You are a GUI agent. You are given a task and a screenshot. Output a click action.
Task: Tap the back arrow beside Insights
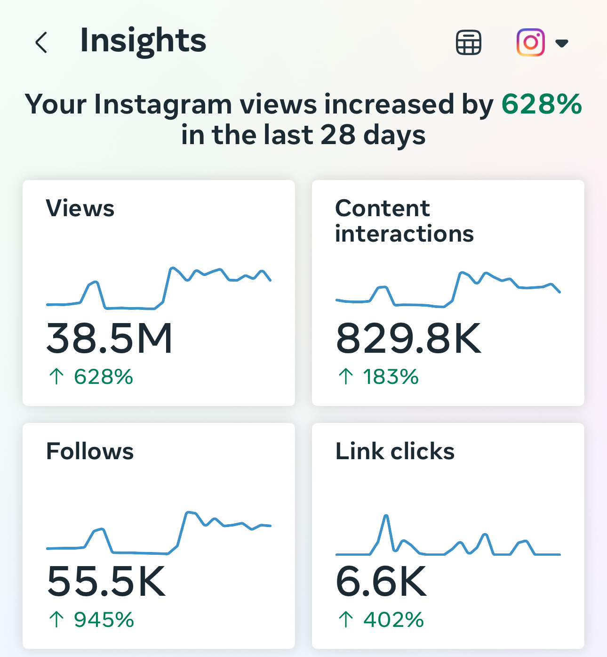tap(41, 42)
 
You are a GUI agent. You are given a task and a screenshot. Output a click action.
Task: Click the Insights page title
tap(143, 41)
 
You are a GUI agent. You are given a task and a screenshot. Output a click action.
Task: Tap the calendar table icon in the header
tap(468, 43)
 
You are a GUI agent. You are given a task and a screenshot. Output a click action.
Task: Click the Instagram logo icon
tap(530, 42)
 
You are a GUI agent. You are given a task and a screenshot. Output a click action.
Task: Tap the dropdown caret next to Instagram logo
tap(562, 43)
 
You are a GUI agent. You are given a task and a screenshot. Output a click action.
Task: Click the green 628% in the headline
tap(542, 104)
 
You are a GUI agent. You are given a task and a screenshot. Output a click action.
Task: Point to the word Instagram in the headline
tap(163, 104)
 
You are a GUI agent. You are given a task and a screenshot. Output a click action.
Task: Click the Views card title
tap(80, 208)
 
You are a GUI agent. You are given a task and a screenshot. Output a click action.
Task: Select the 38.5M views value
tap(110, 338)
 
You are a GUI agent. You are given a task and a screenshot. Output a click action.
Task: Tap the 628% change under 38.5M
tap(103, 377)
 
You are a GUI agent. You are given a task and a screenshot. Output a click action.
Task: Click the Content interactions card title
tap(404, 221)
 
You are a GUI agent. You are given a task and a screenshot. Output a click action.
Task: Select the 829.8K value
tap(408, 338)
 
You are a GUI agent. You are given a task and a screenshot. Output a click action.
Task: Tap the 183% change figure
tap(390, 377)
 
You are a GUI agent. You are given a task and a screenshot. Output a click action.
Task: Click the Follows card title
tap(90, 451)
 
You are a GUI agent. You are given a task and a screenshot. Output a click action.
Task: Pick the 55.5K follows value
tap(106, 581)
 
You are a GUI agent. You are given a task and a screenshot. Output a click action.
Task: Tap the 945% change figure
tap(104, 620)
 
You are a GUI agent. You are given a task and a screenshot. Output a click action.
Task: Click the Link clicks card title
tap(395, 451)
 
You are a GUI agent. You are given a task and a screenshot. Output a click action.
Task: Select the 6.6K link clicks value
tap(381, 581)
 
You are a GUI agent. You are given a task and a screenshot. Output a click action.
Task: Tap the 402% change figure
tap(393, 620)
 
